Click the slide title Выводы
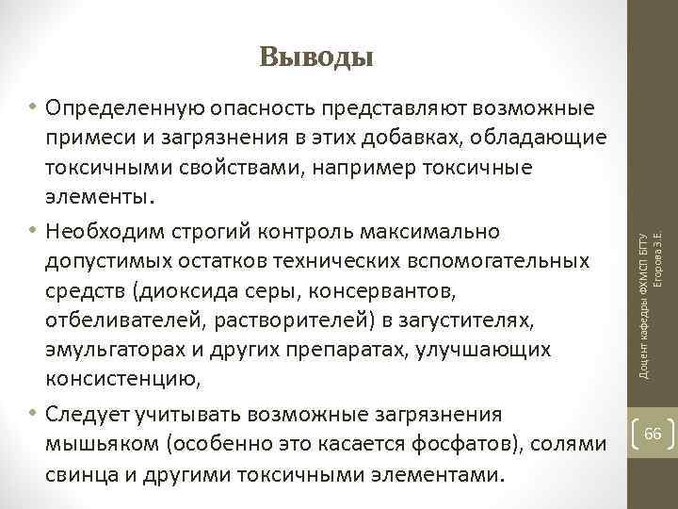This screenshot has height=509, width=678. (317, 57)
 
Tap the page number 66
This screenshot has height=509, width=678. (654, 407)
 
